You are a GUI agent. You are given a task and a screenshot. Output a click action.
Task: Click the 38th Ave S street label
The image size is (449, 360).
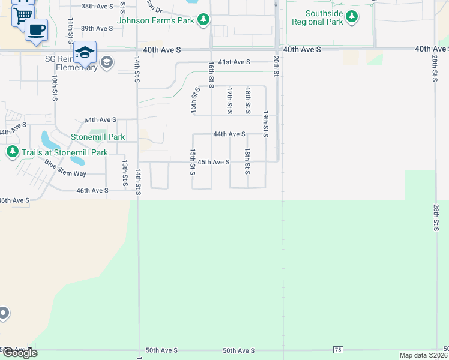[x=97, y=6]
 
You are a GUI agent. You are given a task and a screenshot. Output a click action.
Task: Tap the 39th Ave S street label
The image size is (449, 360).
[x=97, y=28]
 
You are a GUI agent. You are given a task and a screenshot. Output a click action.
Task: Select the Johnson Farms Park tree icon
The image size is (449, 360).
[x=204, y=20]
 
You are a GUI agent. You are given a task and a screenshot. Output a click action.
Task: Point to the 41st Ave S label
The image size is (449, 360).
[x=234, y=62]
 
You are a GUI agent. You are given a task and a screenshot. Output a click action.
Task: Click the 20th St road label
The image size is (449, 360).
[x=276, y=65]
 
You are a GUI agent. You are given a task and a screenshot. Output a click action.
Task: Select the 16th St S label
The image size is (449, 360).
[x=211, y=74]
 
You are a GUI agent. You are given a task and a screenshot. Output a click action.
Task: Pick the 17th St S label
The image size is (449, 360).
[x=229, y=100]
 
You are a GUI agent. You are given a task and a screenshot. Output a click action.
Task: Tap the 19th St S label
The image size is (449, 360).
[x=265, y=124]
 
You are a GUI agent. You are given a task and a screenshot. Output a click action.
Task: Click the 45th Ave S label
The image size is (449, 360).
[x=214, y=162]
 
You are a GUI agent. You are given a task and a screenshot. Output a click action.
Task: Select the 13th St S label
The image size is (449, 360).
[x=125, y=172]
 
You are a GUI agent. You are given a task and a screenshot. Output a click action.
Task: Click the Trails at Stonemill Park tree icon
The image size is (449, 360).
[x=12, y=152]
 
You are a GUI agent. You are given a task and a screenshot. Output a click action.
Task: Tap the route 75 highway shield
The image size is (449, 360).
[x=338, y=350]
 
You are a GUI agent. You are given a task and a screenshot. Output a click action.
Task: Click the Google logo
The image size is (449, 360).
[x=19, y=353]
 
